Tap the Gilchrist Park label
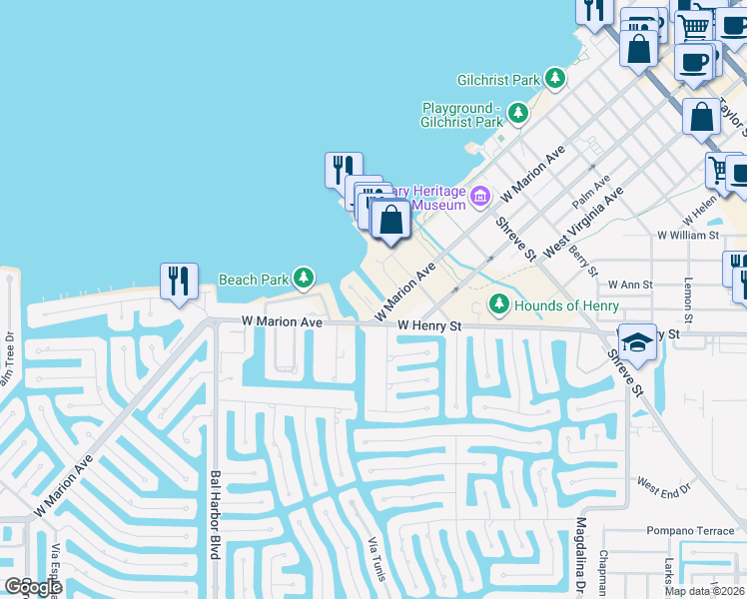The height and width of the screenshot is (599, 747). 497,80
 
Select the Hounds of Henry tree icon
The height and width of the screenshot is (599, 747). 498,303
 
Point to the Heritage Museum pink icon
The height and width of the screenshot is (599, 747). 480,195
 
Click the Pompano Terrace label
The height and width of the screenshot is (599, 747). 689,531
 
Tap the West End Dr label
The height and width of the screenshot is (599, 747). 664,489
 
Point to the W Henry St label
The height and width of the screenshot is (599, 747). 428,325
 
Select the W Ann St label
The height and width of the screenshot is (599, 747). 630,285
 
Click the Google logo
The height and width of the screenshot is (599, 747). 33,587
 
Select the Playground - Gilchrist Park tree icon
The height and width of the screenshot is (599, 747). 517,114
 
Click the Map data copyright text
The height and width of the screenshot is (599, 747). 704,590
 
